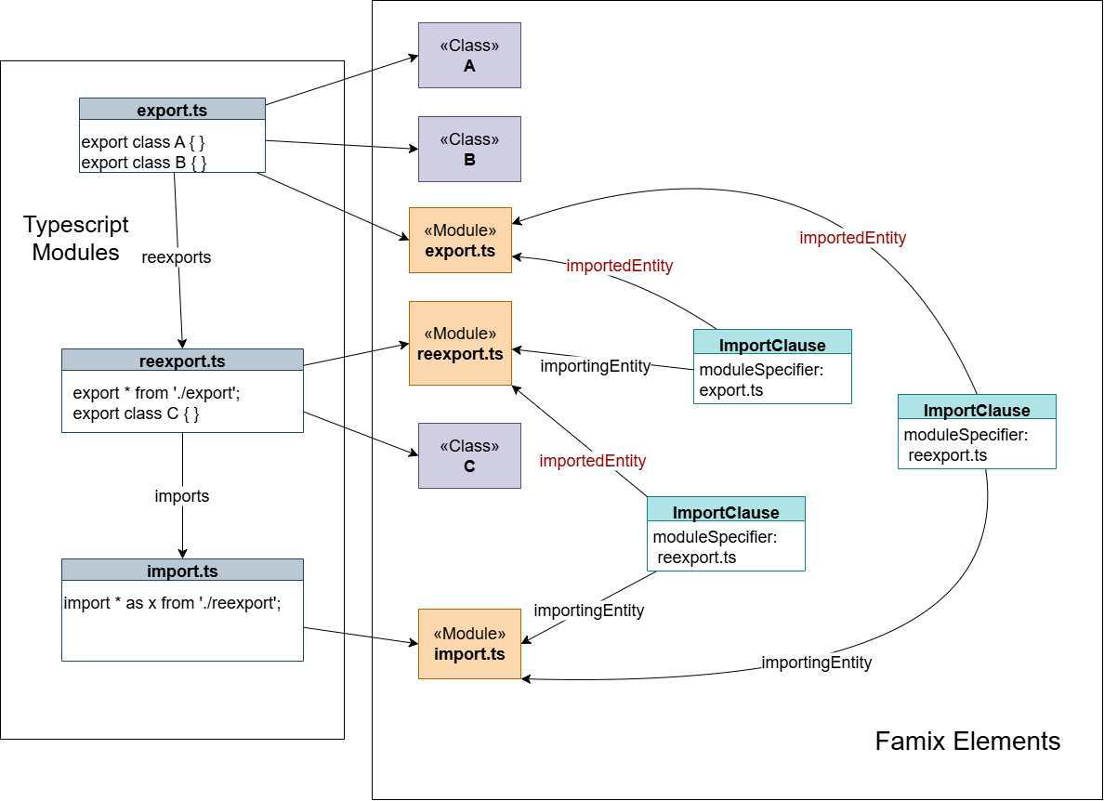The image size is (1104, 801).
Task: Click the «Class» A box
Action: click(469, 56)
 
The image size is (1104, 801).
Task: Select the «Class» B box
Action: click(469, 149)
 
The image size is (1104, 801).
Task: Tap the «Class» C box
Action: click(469, 455)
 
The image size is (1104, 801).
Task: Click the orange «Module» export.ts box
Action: click(460, 240)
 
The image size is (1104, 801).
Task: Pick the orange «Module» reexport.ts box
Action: click(460, 343)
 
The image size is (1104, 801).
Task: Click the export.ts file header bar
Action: click(172, 110)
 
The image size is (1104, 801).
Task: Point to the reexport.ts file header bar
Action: click(182, 361)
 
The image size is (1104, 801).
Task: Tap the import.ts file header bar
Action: click(182, 570)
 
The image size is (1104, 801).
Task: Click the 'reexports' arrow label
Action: click(177, 257)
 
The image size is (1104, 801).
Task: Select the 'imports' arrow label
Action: click(182, 496)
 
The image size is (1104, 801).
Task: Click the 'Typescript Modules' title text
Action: click(76, 239)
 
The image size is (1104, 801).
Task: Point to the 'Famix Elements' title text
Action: click(967, 742)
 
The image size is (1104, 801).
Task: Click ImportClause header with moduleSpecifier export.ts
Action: click(772, 345)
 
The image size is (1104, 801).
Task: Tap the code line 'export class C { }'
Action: click(137, 414)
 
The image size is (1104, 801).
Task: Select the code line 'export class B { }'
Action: click(144, 163)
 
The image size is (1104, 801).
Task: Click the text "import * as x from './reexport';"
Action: click(173, 603)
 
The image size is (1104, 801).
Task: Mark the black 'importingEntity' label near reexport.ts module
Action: click(596, 366)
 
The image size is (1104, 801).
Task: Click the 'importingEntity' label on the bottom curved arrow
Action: click(817, 663)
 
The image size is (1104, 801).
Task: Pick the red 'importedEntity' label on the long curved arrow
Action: click(852, 238)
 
